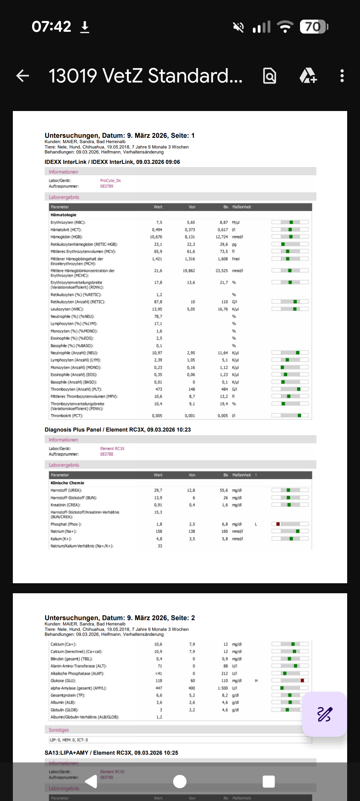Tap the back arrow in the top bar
click(23, 76)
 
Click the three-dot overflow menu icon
click(342, 76)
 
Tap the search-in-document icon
click(270, 76)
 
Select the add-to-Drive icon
click(308, 76)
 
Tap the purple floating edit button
click(324, 714)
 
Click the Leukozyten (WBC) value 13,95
click(157, 309)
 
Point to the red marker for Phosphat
click(278, 524)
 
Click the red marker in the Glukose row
click(302, 680)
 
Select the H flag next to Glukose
click(256, 681)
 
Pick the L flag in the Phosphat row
click(256, 524)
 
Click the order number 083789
click(106, 186)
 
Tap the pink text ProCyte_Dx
click(110, 181)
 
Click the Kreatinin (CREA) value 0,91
click(158, 505)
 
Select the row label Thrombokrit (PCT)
click(67, 416)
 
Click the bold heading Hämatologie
click(64, 215)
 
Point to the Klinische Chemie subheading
click(67, 483)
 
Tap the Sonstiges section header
click(59, 730)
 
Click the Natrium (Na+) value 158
click(159, 532)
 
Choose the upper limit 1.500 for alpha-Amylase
click(222, 688)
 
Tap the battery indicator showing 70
click(314, 27)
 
